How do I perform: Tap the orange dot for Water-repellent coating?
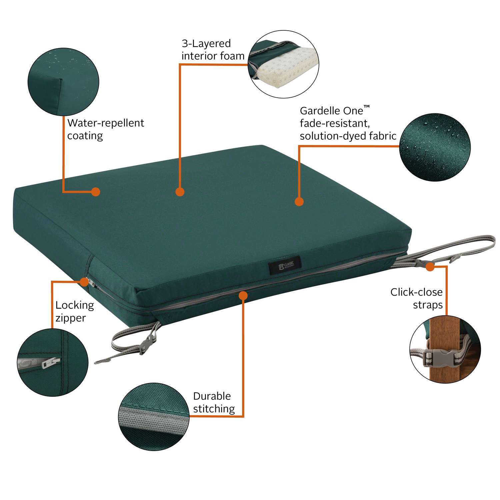(x=96, y=192)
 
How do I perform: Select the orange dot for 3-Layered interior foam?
(x=180, y=192)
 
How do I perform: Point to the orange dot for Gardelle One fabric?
(x=299, y=202)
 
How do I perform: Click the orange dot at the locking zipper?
(x=85, y=282)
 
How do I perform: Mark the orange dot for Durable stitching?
(x=243, y=295)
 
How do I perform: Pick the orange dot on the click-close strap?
(x=430, y=267)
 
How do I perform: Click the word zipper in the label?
(x=70, y=318)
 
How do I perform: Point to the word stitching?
(x=214, y=409)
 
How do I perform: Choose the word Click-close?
(x=416, y=292)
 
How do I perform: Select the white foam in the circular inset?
(x=287, y=67)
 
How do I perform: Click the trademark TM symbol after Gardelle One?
(x=367, y=107)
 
